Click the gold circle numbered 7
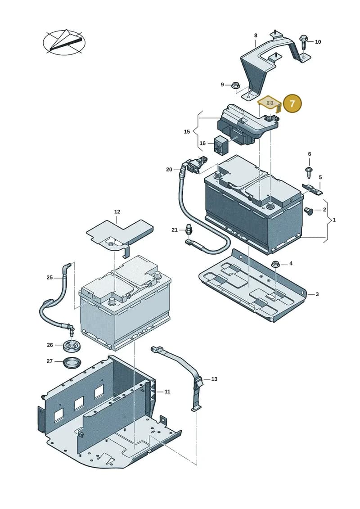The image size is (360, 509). pyautogui.click(x=292, y=104)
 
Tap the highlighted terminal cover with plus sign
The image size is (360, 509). pyautogui.click(x=269, y=104)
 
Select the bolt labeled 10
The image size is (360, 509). pyautogui.click(x=304, y=41)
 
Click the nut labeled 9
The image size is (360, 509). pyautogui.click(x=235, y=86)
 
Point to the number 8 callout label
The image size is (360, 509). pyautogui.click(x=256, y=36)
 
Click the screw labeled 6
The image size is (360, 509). pyautogui.click(x=309, y=172)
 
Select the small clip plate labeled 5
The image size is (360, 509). pyautogui.click(x=313, y=189)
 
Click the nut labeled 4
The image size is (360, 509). pyautogui.click(x=275, y=264)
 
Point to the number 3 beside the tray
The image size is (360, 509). pyautogui.click(x=317, y=294)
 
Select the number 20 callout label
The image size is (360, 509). pyautogui.click(x=169, y=170)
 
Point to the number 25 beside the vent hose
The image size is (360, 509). pyautogui.click(x=49, y=278)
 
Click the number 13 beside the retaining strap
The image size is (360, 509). pyautogui.click(x=214, y=379)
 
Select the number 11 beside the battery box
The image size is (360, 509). pyautogui.click(x=167, y=392)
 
